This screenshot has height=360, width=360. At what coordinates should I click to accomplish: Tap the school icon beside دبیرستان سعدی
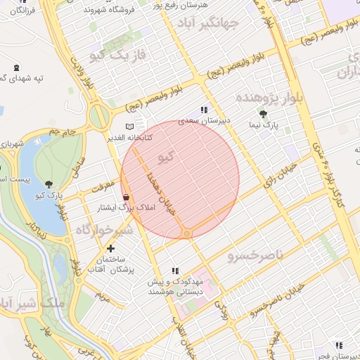click(x=204, y=110)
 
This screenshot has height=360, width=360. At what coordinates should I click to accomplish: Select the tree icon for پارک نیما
click(x=264, y=114)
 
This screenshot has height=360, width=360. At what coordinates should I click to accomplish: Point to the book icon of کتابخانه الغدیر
click(x=128, y=127)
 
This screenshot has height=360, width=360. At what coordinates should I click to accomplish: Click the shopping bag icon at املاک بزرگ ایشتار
click(x=125, y=198)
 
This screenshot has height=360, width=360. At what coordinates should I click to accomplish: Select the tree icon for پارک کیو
click(x=48, y=184)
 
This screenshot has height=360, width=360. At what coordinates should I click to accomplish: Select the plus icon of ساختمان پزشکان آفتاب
click(x=110, y=248)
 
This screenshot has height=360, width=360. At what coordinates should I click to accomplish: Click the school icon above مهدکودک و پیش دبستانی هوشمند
click(x=175, y=271)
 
